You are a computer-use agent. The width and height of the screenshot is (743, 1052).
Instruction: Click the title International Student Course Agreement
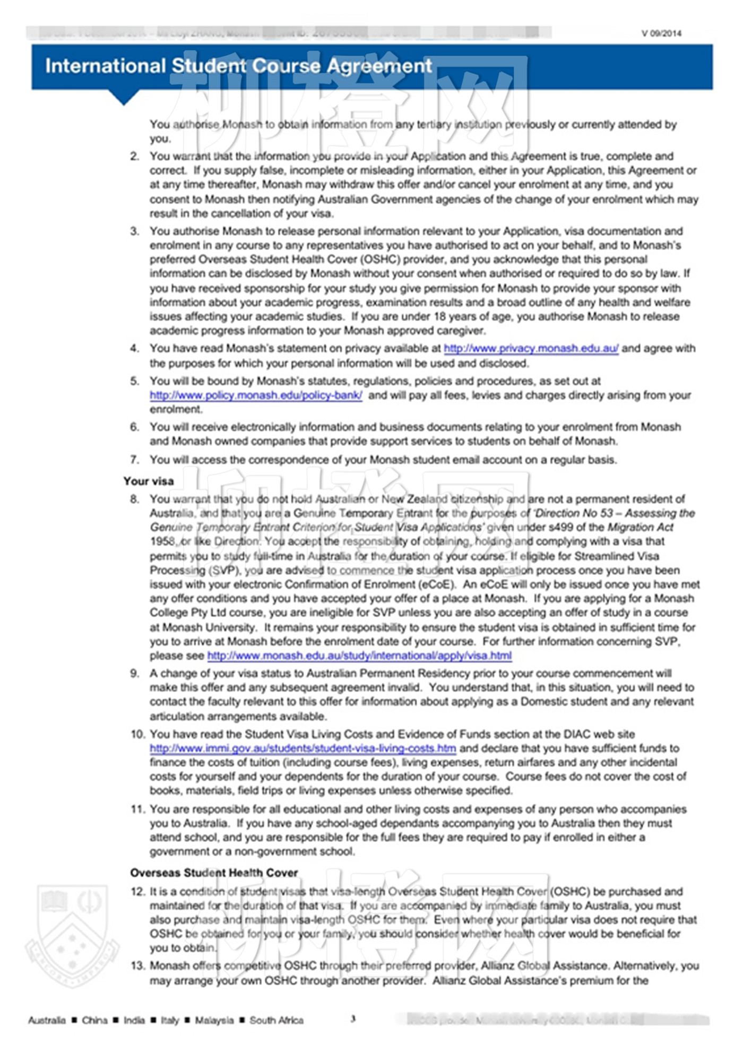click(x=238, y=66)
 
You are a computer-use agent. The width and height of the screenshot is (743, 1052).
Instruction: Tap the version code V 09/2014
click(x=661, y=33)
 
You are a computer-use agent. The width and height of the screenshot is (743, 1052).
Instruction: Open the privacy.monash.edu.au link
click(x=531, y=349)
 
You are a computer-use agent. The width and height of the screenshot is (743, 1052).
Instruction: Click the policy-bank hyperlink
click(x=256, y=395)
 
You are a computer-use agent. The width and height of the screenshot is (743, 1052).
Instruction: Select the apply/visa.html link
click(x=359, y=656)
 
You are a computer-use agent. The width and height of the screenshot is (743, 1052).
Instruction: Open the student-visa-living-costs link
click(x=303, y=748)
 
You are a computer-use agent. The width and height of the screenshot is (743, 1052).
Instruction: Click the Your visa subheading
click(x=149, y=481)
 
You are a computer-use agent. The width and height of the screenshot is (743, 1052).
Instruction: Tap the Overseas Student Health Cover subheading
click(x=214, y=873)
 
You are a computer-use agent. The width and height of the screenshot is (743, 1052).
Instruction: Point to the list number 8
click(x=135, y=499)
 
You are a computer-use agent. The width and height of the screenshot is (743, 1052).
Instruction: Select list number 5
click(x=135, y=381)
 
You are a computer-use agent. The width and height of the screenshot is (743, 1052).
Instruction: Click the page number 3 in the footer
click(x=353, y=1019)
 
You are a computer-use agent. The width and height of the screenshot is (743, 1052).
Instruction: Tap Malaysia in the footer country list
click(x=214, y=1020)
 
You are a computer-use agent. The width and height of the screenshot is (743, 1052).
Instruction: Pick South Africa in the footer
click(x=277, y=1020)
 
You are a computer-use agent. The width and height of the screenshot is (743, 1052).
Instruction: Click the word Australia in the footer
click(x=47, y=1020)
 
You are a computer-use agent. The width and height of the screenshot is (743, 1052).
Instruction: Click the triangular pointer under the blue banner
click(x=124, y=97)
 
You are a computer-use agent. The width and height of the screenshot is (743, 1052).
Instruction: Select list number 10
click(x=137, y=735)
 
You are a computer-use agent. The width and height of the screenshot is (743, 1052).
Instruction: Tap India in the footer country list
click(x=134, y=1020)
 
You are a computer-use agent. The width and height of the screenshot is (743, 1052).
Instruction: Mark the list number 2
click(x=135, y=157)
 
